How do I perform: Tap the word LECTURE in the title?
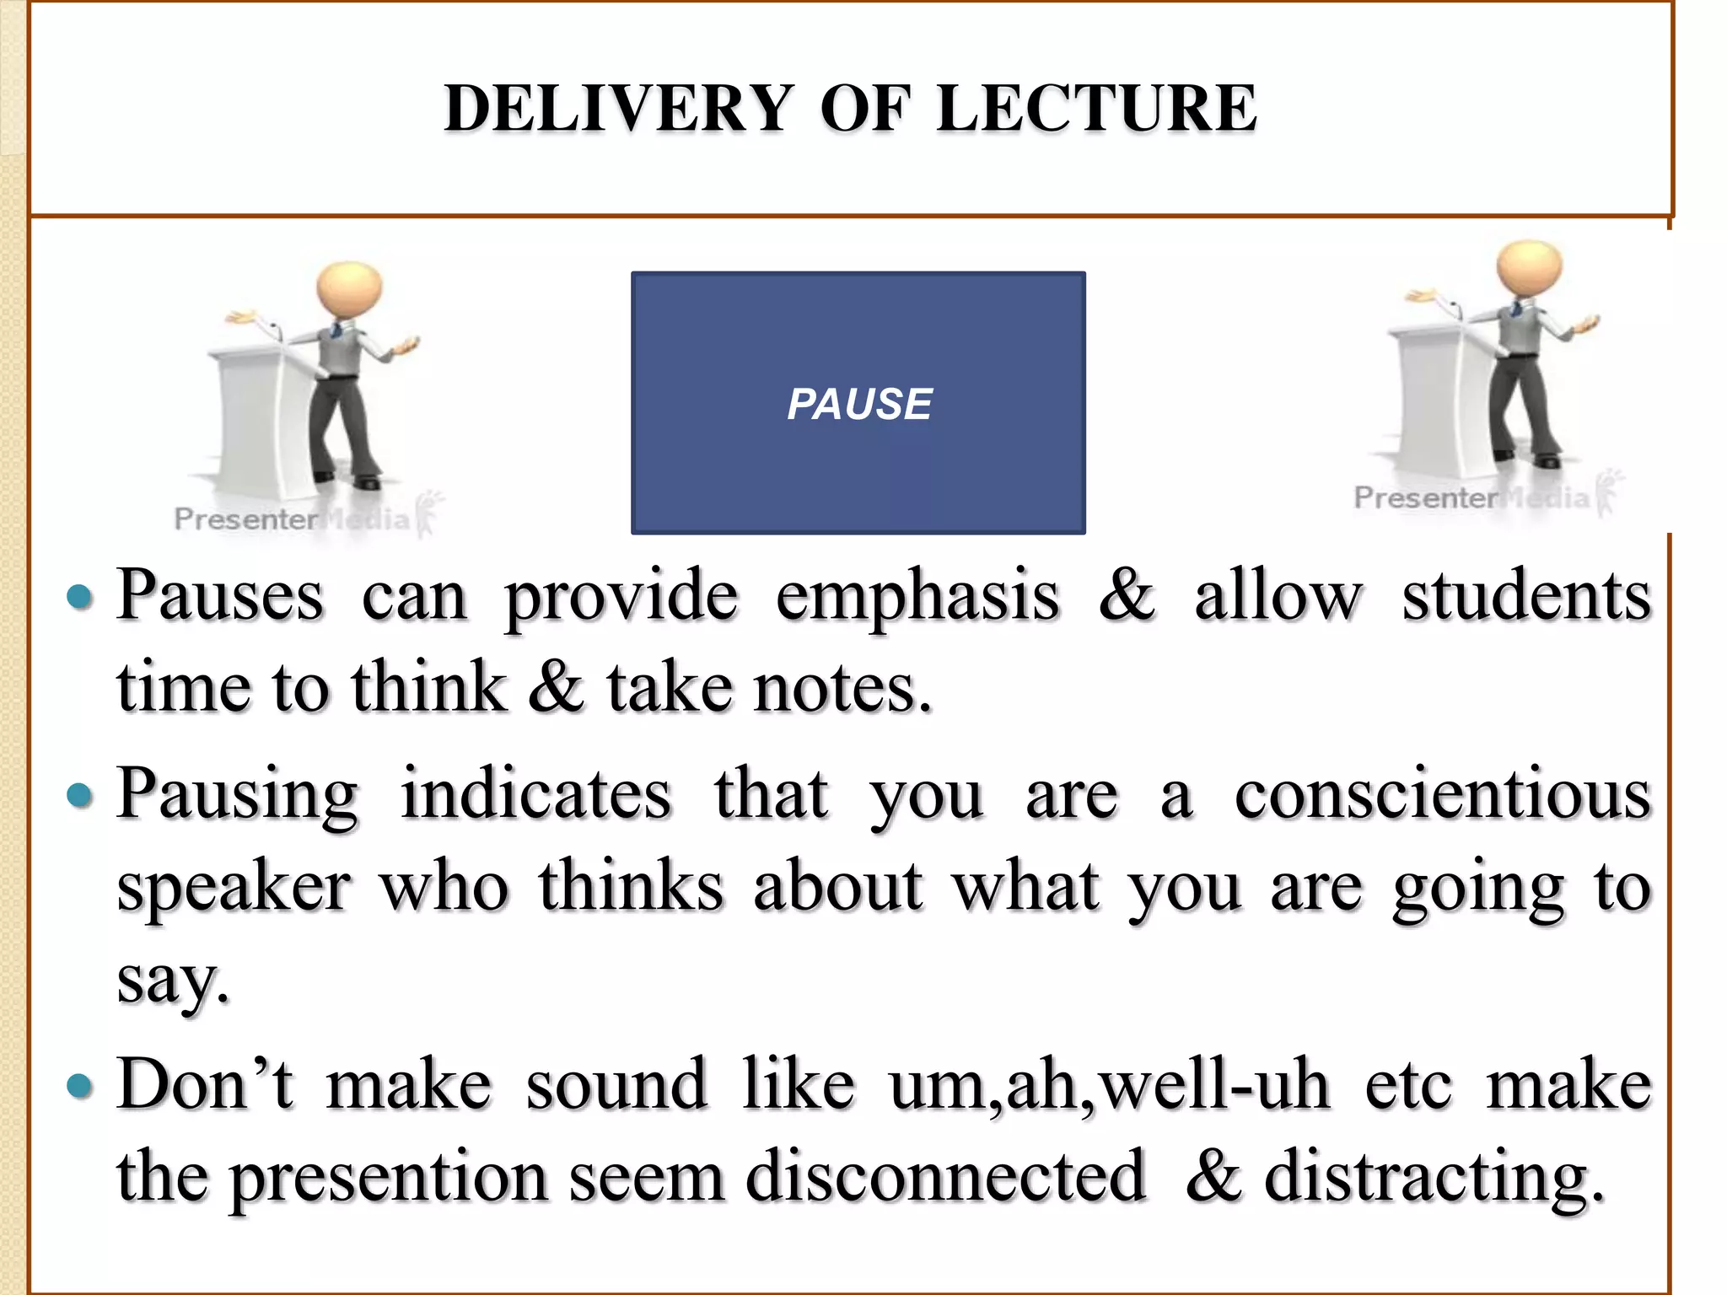click(x=1096, y=109)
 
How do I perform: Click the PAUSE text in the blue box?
click(x=858, y=404)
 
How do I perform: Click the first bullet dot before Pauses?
click(x=79, y=598)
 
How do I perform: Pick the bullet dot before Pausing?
click(x=79, y=796)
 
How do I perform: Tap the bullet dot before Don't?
click(x=79, y=1086)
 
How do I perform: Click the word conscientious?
click(x=1442, y=795)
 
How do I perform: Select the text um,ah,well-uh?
click(x=1109, y=1086)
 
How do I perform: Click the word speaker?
click(x=234, y=889)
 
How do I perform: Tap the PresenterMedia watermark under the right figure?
click(x=1471, y=498)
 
